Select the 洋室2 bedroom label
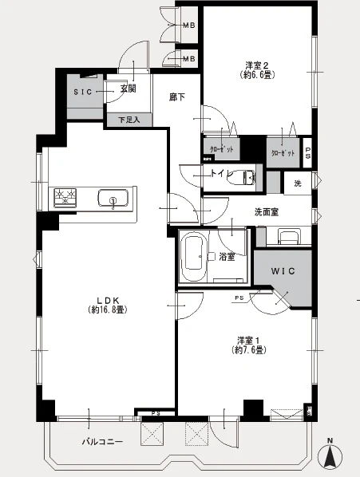tap(257, 65)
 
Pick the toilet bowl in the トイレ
tap(242, 177)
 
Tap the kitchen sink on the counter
tap(113, 199)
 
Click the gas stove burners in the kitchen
tap(65, 198)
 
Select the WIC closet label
tap(283, 271)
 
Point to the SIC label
tap(83, 92)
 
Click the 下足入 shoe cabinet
tap(129, 120)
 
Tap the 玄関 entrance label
tap(128, 89)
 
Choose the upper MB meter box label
tap(189, 26)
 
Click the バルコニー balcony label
tap(102, 441)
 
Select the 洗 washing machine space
tap(298, 183)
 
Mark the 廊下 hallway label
tap(177, 97)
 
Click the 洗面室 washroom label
tap(267, 212)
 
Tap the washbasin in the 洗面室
tap(290, 237)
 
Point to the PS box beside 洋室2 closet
tap(307, 152)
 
